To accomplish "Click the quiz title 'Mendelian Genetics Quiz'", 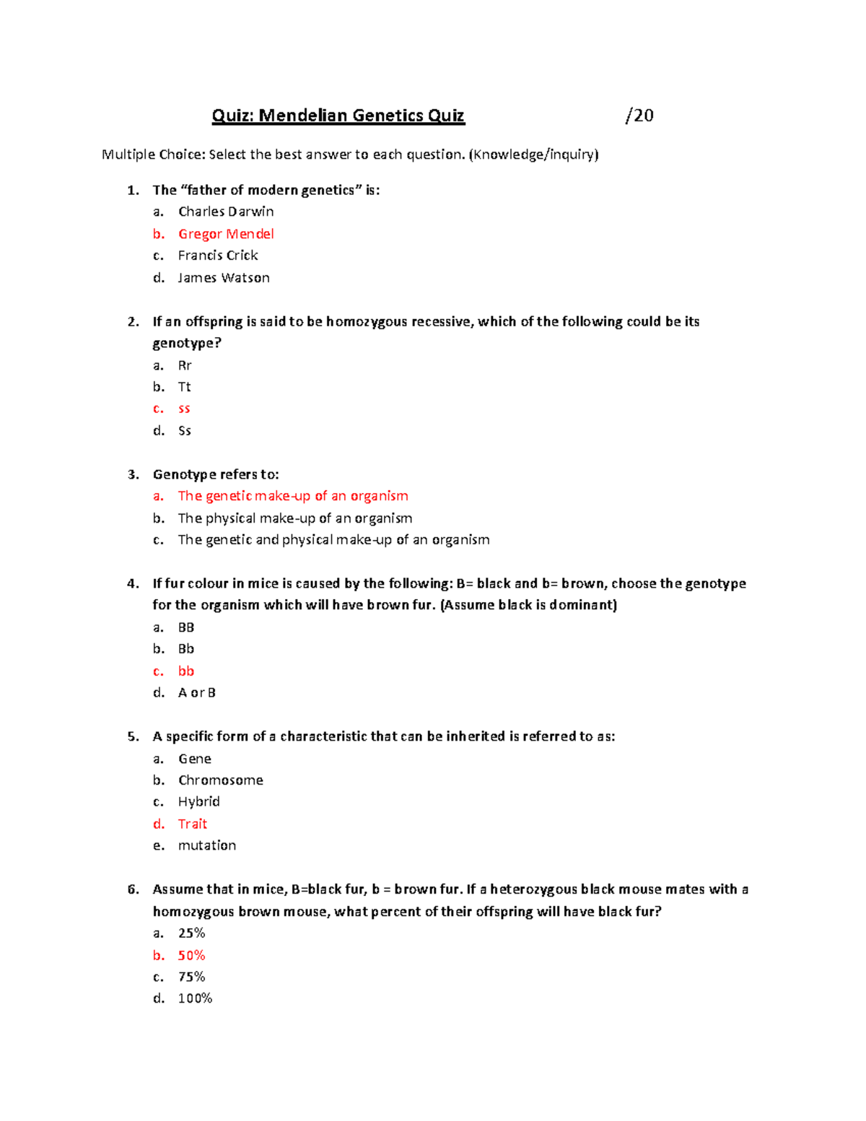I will click(338, 115).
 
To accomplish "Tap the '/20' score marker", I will click(639, 115).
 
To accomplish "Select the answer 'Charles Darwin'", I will click(226, 211).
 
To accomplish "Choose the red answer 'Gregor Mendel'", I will click(226, 234).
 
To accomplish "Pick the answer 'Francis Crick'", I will click(218, 256).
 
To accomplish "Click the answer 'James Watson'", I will click(224, 278).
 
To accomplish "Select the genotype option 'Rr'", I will click(185, 365).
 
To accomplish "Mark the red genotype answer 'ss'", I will click(184, 409).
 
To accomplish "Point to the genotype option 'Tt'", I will click(184, 387).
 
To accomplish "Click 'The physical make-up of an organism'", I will click(295, 518).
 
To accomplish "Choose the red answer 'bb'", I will click(186, 671).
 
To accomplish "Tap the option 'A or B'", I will click(197, 693).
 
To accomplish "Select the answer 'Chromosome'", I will click(221, 780).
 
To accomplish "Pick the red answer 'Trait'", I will click(193, 824).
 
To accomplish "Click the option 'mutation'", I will click(207, 845).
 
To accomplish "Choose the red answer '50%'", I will click(191, 956).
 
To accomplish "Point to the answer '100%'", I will click(195, 998).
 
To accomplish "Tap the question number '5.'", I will click(133, 737).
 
